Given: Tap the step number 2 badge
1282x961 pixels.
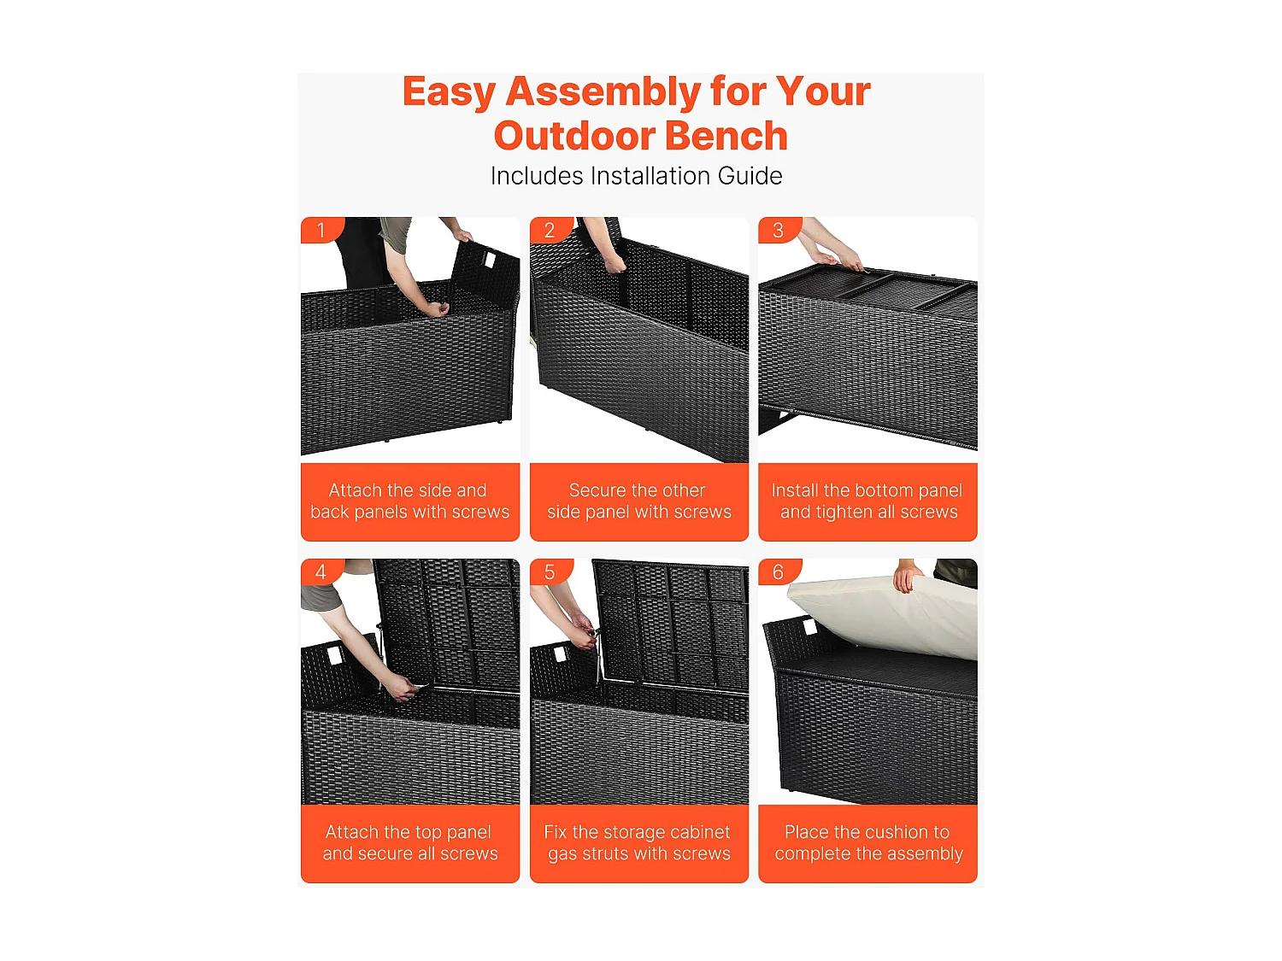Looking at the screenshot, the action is coord(550,230).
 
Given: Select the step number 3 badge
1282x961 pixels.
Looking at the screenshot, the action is coord(779,230).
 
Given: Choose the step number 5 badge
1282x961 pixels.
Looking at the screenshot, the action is coord(550,571).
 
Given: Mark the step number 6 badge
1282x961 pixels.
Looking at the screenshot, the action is coord(779,571).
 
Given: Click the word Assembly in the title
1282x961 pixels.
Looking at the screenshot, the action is coord(603,92).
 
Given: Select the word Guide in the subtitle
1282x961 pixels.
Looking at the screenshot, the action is coord(750,176).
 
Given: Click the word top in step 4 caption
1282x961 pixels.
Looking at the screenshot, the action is coord(431,833).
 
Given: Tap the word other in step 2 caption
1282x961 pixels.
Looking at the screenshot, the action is coord(682,490).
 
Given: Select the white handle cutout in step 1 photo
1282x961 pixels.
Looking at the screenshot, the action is coord(490,259).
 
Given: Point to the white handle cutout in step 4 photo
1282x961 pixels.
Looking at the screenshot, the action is coord(334,655).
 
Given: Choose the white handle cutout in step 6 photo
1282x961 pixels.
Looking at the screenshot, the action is coord(809,628).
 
